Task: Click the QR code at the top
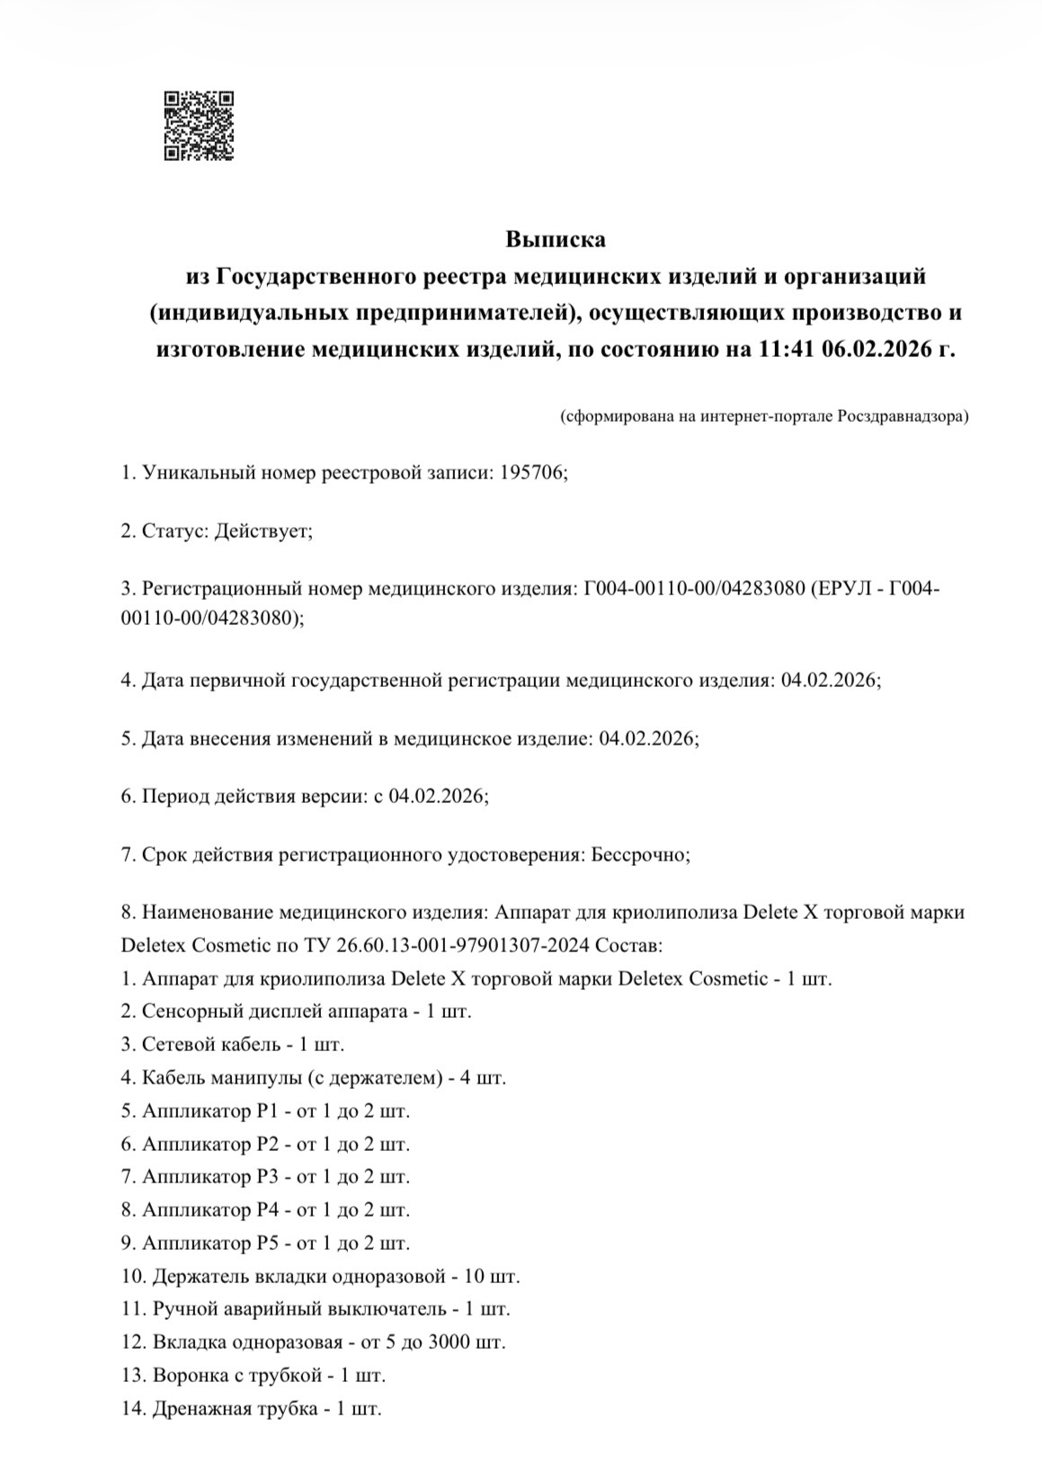(199, 126)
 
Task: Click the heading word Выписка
(555, 240)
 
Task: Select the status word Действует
(261, 530)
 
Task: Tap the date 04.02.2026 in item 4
(829, 681)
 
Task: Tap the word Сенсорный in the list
(185, 1011)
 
